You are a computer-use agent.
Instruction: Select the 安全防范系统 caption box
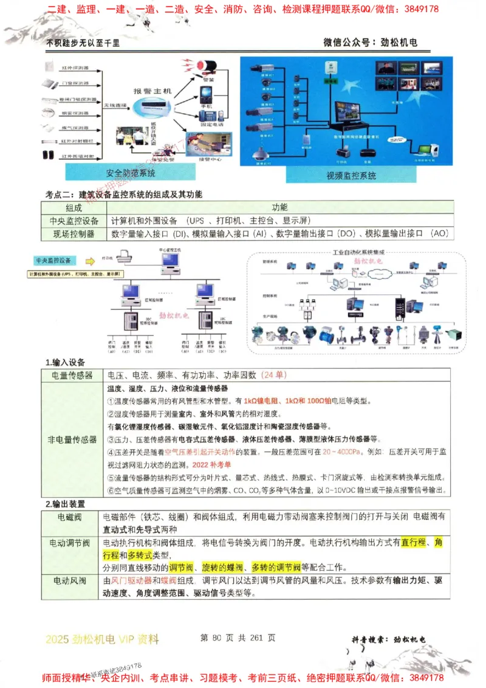[x=131, y=173]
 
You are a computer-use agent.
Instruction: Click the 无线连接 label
[x=114, y=105]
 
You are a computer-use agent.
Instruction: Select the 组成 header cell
[x=74, y=207]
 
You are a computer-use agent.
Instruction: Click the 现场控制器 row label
[x=74, y=234]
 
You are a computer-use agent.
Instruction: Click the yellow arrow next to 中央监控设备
[x=90, y=261]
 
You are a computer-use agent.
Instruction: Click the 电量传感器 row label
[x=72, y=375]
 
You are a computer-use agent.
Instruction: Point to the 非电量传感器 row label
[x=72, y=439]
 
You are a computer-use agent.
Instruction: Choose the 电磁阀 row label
[x=70, y=517]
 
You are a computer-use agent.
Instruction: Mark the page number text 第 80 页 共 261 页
[x=238, y=638]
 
